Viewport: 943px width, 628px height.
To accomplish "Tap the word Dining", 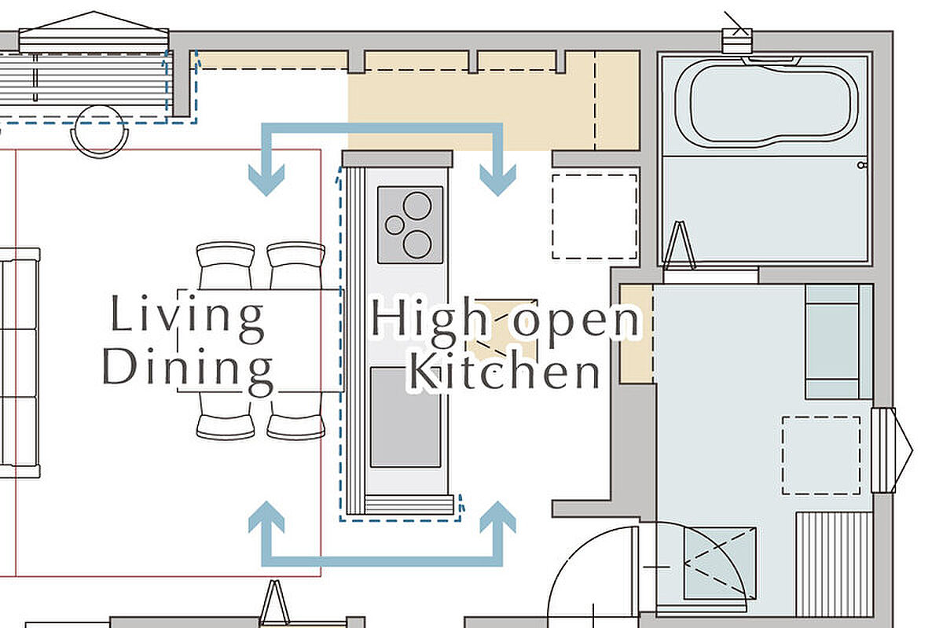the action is pos(188,371).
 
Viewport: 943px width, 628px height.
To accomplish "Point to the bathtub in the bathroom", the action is pos(766,101).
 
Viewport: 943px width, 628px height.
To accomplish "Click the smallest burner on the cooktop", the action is pos(394,226).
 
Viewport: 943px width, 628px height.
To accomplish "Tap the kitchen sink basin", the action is pos(405,417).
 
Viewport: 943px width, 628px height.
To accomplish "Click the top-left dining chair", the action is pos(226,266).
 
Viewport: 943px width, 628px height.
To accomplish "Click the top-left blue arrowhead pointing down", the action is pos(266,180).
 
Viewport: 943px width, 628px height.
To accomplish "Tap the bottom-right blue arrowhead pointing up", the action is pos(498,517).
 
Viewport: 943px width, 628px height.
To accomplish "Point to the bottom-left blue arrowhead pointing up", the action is pos(266,517).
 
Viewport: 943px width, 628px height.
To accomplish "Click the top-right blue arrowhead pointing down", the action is pos(498,180).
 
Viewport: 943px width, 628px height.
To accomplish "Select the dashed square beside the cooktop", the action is pos(594,217).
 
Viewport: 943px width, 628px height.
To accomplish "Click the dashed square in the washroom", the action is pos(821,456).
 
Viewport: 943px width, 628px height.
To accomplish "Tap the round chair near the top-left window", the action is pos(99,131).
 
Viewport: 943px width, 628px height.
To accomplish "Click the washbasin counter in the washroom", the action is pos(838,342).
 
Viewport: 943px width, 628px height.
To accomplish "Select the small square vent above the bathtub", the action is pos(737,40).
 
